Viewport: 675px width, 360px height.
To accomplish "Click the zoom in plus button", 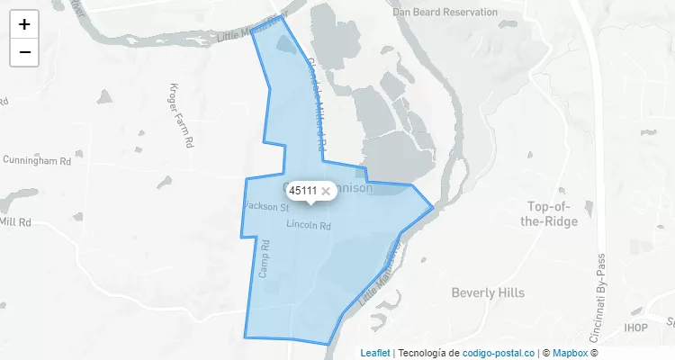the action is point(24,24).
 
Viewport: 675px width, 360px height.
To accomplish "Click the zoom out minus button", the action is point(24,52).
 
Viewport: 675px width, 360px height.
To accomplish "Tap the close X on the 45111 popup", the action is point(326,191).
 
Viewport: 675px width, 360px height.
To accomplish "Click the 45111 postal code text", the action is point(302,191).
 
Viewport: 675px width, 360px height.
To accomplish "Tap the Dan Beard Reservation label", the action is point(445,13).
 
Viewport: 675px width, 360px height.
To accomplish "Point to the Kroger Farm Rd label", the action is point(181,115).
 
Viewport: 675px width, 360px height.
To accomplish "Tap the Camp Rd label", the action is point(265,258).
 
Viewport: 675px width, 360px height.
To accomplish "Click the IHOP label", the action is point(636,328).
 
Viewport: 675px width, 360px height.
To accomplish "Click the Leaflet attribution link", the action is point(375,353).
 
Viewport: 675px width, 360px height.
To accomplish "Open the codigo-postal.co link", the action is point(499,353).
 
